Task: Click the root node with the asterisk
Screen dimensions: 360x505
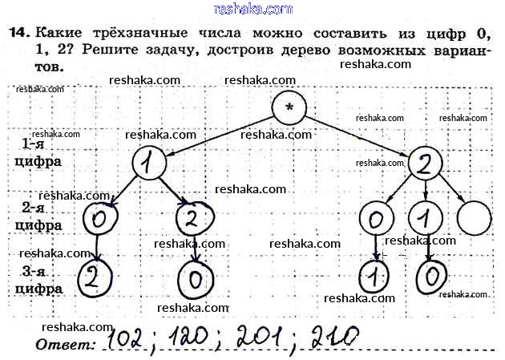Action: pos(288,107)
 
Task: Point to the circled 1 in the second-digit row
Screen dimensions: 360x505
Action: pos(425,217)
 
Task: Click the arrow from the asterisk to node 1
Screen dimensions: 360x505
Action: pos(216,136)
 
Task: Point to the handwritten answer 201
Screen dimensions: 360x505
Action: pos(260,338)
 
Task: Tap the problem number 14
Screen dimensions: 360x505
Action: pos(18,33)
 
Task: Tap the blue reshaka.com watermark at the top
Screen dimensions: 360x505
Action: pos(253,9)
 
